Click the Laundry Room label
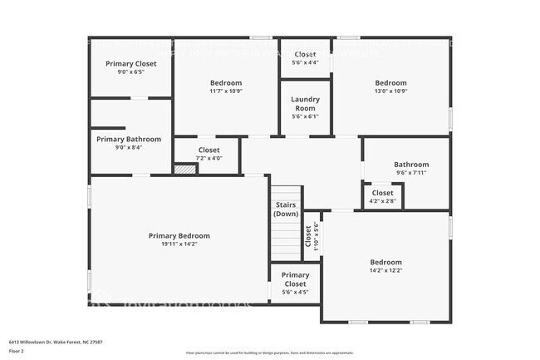[305, 104]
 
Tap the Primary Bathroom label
[129, 139]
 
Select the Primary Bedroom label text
[179, 235]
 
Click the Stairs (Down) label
[286, 209]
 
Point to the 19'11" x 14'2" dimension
[179, 244]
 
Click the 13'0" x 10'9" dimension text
[390, 91]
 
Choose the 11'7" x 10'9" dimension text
[225, 91]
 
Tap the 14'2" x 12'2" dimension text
[385, 270]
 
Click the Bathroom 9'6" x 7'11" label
[411, 168]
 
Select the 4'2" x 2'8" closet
[382, 196]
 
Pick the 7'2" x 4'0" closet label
[209, 154]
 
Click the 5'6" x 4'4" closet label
[305, 58]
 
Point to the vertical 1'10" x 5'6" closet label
[312, 236]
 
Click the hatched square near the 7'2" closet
[184, 169]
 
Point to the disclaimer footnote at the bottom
[269, 353]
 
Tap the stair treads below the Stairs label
[286, 240]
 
